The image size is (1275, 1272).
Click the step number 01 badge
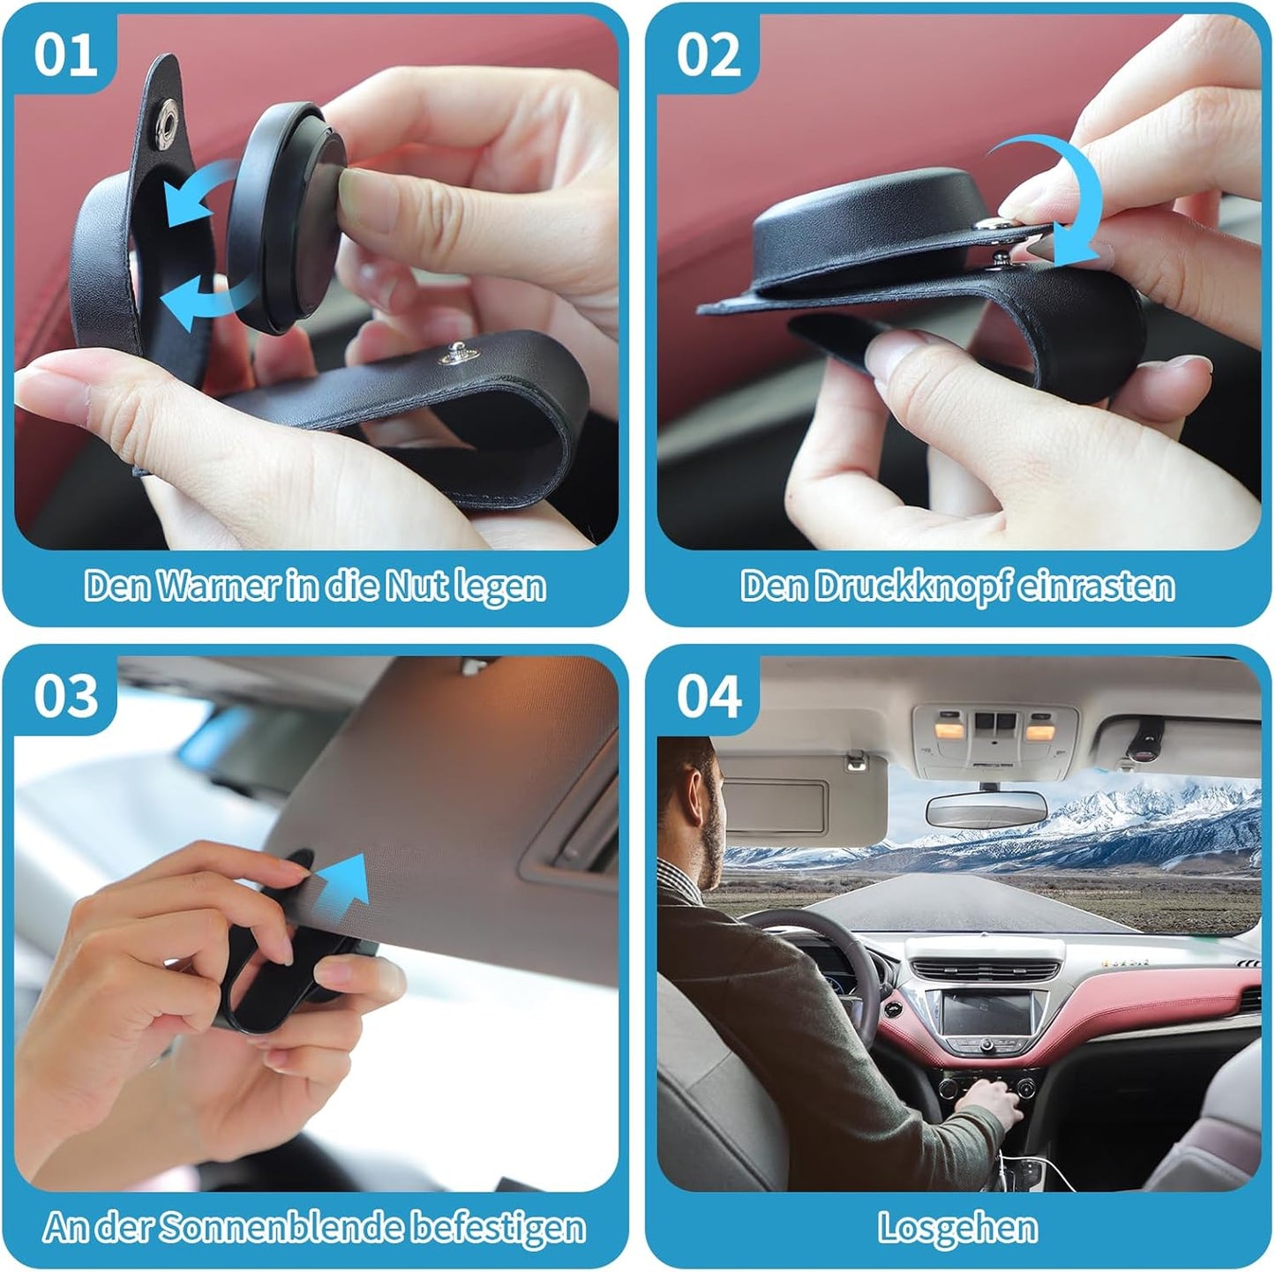(x=64, y=55)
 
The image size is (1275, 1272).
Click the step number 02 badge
(x=708, y=55)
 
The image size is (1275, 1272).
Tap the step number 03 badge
(x=64, y=697)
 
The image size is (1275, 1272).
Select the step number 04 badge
(x=708, y=697)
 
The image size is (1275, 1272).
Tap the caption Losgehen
(x=957, y=1228)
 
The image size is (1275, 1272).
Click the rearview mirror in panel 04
(x=985, y=807)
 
